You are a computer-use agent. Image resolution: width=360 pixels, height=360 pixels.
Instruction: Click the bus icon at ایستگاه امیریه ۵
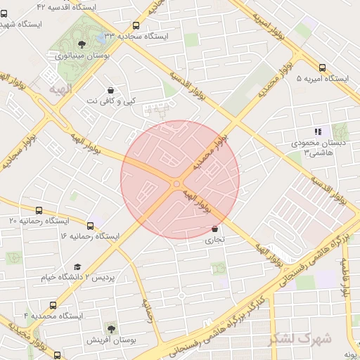click(x=322, y=68)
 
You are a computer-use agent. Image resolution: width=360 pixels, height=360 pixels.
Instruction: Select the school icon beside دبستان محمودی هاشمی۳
click(x=318, y=131)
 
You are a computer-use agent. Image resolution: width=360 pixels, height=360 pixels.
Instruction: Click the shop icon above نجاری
click(x=214, y=229)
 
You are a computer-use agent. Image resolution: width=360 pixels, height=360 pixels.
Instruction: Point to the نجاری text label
click(x=214, y=239)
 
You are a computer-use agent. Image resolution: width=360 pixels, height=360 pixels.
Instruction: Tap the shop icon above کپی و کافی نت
click(x=110, y=90)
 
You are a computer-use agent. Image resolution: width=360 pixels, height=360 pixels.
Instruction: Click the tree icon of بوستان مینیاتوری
click(x=82, y=44)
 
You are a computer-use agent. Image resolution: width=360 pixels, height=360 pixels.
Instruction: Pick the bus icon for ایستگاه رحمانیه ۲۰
click(x=38, y=210)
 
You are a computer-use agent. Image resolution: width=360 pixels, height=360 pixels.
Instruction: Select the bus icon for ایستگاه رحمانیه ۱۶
click(x=90, y=226)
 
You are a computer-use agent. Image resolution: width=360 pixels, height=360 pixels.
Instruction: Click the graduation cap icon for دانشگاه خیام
click(x=77, y=266)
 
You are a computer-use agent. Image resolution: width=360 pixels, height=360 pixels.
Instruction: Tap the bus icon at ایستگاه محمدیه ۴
click(x=53, y=305)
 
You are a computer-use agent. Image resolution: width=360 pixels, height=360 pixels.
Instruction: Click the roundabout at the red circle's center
click(x=176, y=184)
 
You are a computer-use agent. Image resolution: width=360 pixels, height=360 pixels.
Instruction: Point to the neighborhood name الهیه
click(x=60, y=90)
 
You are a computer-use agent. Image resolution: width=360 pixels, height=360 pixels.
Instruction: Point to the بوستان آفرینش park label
click(x=110, y=340)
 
